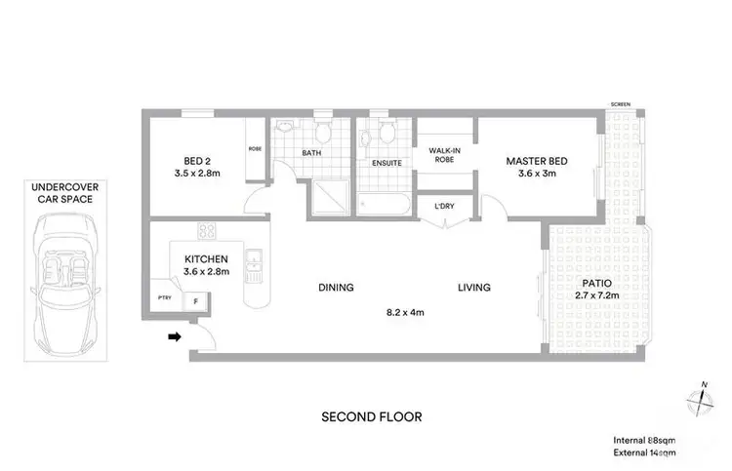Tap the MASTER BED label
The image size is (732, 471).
pyautogui.click(x=536, y=162)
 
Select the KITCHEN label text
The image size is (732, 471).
pyautogui.click(x=206, y=258)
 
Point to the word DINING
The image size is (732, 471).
pyautogui.click(x=335, y=288)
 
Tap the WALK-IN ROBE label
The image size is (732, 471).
pyautogui.click(x=444, y=156)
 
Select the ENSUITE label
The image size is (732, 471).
pyautogui.click(x=386, y=163)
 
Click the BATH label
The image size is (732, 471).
pyautogui.click(x=311, y=153)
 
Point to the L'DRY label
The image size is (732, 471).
pyautogui.click(x=444, y=206)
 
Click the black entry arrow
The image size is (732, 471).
pyautogui.click(x=175, y=337)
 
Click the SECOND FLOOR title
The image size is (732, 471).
pyautogui.click(x=372, y=416)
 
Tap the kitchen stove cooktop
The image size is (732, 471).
pyautogui.click(x=207, y=231)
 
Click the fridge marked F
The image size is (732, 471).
pyautogui.click(x=196, y=302)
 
